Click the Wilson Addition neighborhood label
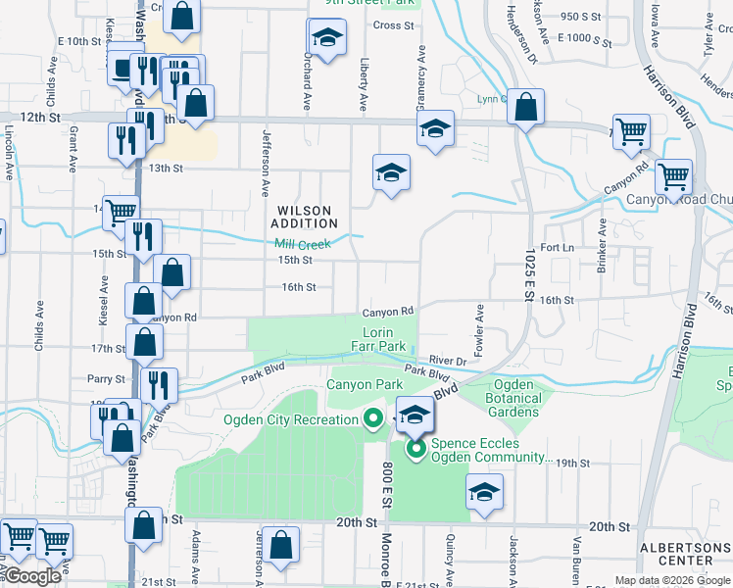tap(306, 217)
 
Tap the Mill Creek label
tap(297, 244)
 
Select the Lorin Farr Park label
tap(377, 339)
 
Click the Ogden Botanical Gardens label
tap(513, 398)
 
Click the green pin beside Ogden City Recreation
tap(372, 419)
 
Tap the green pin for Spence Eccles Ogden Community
tap(415, 450)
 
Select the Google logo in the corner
tap(31, 576)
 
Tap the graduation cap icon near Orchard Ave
tap(326, 39)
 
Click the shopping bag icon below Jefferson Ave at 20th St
tap(280, 546)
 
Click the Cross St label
tap(393, 25)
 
